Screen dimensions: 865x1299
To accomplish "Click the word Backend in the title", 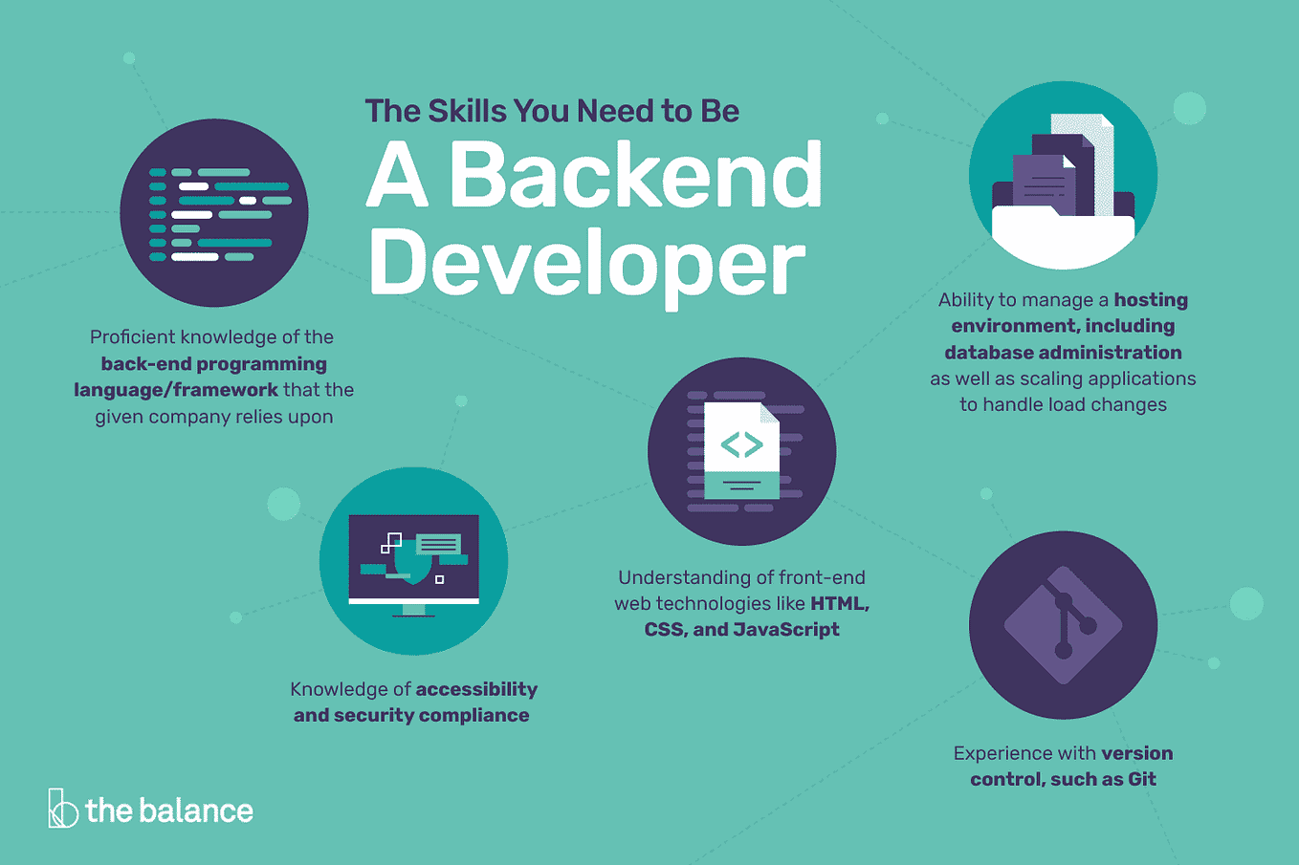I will pos(636,176).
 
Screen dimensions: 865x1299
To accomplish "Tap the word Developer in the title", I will pos(587,264).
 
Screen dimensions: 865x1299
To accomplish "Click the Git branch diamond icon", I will pos(1063,625).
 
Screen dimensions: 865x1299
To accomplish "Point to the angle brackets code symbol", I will pos(741,444).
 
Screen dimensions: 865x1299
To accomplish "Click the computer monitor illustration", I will pos(413,561).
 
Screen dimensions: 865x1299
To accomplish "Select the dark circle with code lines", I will pos(214,213).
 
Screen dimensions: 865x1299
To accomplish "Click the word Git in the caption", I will pos(1142,779).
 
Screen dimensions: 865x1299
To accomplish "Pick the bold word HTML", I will pos(839,603).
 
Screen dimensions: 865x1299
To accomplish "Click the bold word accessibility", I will pos(476,689).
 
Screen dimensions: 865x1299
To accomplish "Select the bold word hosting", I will pos(1151,300).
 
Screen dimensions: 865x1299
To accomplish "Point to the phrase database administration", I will pos(1063,353).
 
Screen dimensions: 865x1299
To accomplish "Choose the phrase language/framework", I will pos(176,390).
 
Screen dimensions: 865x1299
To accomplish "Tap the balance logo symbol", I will pos(62,809).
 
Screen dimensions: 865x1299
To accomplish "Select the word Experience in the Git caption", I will pos(1001,753).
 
